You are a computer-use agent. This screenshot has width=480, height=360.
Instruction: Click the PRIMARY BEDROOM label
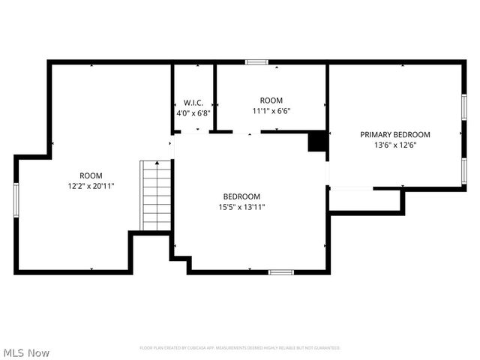[x=395, y=135]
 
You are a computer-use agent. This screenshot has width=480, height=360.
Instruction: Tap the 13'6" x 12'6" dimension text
[x=395, y=145]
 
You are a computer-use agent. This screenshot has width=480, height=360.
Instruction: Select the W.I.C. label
[x=193, y=103]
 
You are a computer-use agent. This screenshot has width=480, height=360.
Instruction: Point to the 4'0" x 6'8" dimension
[x=193, y=113]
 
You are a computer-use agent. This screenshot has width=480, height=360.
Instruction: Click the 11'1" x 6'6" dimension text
[x=271, y=111]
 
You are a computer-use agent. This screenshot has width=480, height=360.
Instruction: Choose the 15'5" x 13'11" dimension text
[x=241, y=207]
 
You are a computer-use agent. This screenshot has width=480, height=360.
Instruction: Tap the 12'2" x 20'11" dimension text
[x=91, y=186]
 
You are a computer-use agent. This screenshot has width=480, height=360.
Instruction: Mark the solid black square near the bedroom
[x=318, y=141]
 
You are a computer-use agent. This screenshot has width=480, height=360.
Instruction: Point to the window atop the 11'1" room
[x=256, y=62]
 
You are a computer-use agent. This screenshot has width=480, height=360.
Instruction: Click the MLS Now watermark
[x=26, y=352]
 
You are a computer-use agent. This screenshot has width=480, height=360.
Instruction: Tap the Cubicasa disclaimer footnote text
[x=240, y=348]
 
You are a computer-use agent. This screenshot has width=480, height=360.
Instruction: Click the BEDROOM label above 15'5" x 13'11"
[x=241, y=196]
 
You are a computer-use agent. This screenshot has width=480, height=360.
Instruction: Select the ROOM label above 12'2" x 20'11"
[x=91, y=175]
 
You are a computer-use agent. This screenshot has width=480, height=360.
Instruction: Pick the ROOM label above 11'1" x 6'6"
[x=271, y=100]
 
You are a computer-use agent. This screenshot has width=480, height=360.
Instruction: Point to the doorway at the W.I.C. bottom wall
[x=193, y=132]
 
